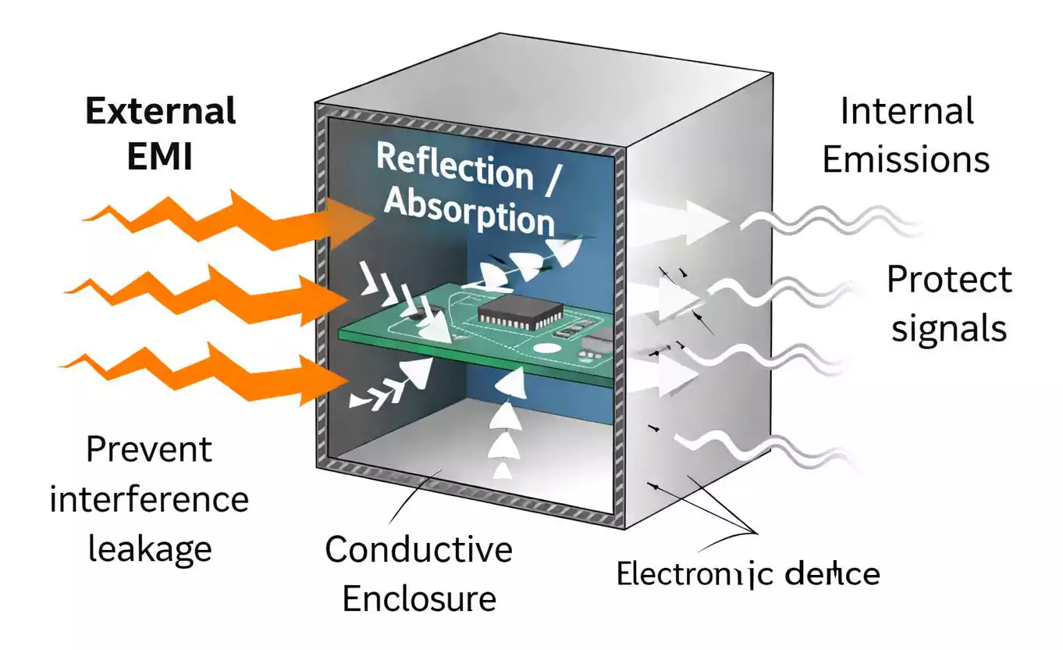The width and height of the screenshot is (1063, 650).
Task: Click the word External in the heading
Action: [160, 112]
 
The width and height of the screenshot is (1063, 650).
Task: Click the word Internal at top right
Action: [906, 112]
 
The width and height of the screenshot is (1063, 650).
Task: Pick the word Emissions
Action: [906, 160]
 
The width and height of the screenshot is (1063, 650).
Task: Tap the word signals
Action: [949, 329]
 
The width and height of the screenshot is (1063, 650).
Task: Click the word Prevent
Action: [148, 450]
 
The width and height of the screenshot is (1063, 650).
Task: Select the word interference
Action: [149, 499]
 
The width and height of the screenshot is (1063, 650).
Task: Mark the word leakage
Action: [149, 548]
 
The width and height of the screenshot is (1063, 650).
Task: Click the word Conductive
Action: [419, 550]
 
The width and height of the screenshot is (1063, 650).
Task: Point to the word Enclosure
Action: [419, 599]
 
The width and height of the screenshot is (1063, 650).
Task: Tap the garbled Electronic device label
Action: [748, 574]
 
